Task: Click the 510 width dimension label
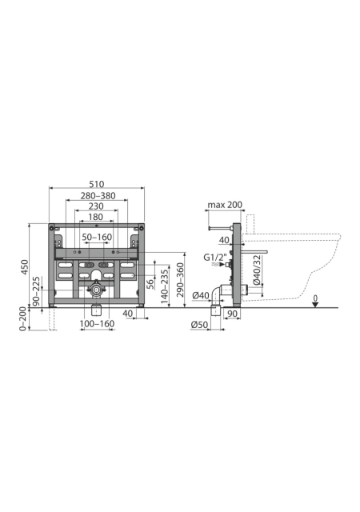(97, 184)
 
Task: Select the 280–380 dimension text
(98, 195)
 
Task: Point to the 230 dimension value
(96, 206)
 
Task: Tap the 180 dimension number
(96, 217)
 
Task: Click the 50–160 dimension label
(97, 237)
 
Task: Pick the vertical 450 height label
(25, 267)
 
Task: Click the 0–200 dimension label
(22, 318)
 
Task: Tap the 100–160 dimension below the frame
(98, 323)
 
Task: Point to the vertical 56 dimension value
(150, 284)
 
